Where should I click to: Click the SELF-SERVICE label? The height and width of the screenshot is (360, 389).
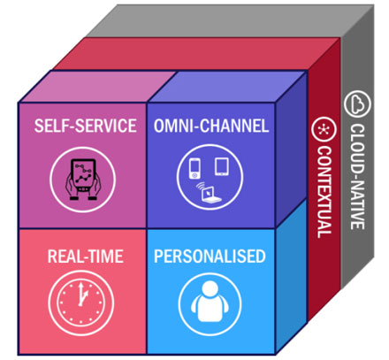(86, 126)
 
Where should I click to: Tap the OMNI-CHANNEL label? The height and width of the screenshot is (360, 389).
(211, 126)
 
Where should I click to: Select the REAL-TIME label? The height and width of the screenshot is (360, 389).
(86, 257)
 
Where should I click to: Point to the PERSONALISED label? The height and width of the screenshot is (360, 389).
(210, 256)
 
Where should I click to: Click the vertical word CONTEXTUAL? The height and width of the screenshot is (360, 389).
(324, 192)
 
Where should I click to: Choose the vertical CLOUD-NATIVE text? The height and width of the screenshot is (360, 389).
(357, 176)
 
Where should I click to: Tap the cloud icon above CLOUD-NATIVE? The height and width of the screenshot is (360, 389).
(357, 103)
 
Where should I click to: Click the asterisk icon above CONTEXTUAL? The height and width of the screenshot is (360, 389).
(324, 129)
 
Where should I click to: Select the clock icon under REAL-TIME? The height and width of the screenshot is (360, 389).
(81, 303)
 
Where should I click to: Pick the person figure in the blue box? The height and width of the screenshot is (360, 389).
(210, 302)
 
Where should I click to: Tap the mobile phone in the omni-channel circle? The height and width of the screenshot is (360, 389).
(194, 168)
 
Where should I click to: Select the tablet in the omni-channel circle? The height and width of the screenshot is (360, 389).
(222, 167)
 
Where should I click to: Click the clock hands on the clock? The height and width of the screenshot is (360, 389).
(81, 295)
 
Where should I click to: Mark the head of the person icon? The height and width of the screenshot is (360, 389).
(210, 288)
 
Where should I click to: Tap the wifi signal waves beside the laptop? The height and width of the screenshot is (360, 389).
(201, 187)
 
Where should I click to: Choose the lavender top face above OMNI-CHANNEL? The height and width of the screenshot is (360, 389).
(227, 87)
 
